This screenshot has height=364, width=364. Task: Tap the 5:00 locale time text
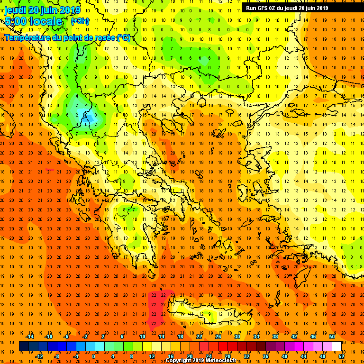pyautogui.click(x=33, y=21)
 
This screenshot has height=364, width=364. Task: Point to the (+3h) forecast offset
pyautogui.click(x=80, y=21)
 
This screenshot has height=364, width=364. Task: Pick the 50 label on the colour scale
pyautogui.click(x=332, y=337)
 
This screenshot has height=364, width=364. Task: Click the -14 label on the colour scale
pyautogui.click(x=29, y=337)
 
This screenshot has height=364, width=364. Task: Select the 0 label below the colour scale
pyautogui.click(x=93, y=356)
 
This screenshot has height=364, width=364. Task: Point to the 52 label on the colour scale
pyautogui.click(x=341, y=356)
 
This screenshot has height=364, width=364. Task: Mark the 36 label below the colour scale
pyautogui.click(x=265, y=356)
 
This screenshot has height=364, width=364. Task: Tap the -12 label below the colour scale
pyautogui.click(x=39, y=356)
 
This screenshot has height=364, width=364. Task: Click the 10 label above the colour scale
pyautogui.click(x=142, y=337)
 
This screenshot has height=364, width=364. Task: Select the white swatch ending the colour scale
pyautogui.click(x=337, y=346)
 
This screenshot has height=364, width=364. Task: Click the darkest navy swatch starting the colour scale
pyautogui.click(x=24, y=346)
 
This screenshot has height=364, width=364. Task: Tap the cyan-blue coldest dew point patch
pyautogui.click(x=87, y=116)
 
